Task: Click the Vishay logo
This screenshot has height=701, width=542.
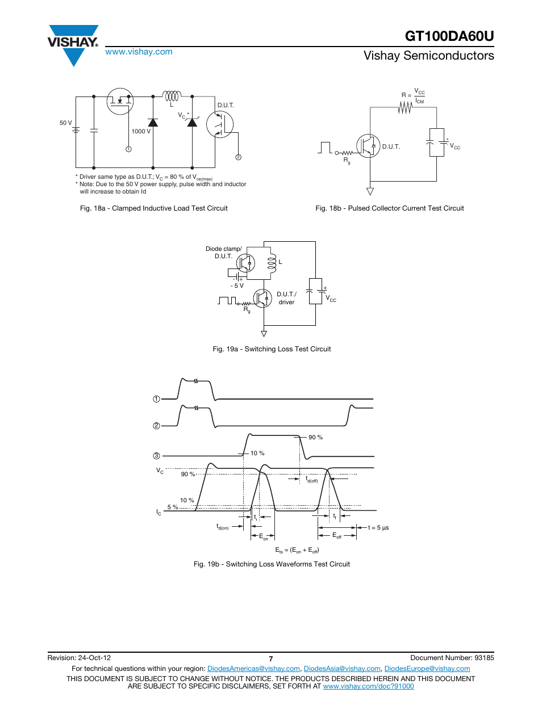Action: [73, 44]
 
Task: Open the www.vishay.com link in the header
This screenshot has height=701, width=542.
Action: [139, 52]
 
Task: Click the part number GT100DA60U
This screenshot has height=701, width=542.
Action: [449, 36]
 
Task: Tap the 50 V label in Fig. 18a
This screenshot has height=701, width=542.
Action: [66, 123]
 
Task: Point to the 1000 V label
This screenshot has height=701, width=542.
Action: [141, 131]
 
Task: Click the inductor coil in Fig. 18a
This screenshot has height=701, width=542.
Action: [172, 96]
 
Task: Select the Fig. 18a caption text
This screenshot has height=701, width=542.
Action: [153, 208]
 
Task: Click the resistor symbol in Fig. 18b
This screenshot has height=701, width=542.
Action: [405, 107]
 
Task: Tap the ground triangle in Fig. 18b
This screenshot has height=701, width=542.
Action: [370, 191]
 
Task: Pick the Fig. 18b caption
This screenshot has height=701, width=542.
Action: [389, 208]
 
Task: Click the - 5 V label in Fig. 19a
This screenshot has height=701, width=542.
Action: [237, 286]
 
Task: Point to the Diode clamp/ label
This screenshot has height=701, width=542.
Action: [223, 249]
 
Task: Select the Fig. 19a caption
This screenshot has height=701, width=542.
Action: [272, 349]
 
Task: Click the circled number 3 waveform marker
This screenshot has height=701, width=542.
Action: [156, 456]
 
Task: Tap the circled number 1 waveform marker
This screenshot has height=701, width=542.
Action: [156, 399]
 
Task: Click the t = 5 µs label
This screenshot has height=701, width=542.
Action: [378, 528]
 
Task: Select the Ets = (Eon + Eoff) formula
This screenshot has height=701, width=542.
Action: [297, 550]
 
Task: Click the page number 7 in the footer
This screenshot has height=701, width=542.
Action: [271, 659]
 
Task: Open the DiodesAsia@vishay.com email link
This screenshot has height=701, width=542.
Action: [342, 669]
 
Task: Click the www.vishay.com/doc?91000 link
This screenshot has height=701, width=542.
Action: [368, 686]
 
